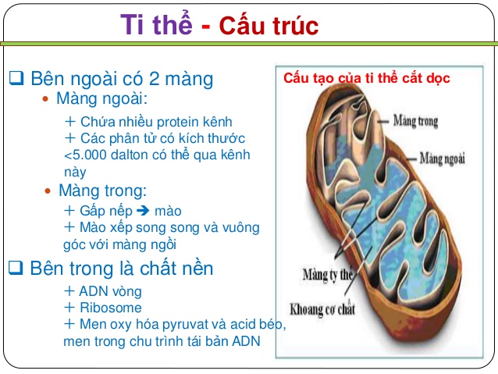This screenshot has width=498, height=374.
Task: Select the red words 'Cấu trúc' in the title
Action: [269, 26]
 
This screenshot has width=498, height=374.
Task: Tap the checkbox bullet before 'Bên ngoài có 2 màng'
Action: [16, 78]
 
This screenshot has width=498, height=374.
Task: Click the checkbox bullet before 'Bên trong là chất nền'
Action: [16, 268]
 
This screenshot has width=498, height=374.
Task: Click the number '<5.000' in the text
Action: [84, 155]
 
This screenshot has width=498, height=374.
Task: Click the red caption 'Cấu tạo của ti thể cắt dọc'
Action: [367, 79]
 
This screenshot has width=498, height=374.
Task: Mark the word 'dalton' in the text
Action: [130, 155]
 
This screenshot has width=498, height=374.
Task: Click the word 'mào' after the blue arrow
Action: [171, 211]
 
